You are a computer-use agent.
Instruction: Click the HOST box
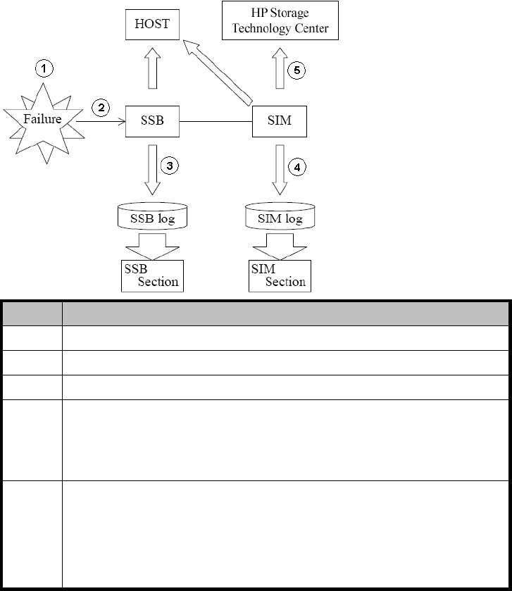pos(152,24)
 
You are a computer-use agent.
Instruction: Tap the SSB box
pos(152,120)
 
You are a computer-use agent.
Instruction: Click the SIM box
pos(280,120)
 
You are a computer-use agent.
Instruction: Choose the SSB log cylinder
pos(152,217)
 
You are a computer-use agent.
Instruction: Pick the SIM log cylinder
pos(280,217)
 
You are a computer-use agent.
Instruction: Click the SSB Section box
pos(151,275)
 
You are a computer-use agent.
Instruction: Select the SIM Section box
pos(280,275)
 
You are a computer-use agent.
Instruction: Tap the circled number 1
pos(44,68)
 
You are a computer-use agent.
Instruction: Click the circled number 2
pos(101,108)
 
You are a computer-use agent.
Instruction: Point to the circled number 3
pos(170,166)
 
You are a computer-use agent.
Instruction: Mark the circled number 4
pos(298,167)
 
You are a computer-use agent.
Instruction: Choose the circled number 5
pos(297,70)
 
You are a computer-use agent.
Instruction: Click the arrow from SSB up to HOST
pos(152,73)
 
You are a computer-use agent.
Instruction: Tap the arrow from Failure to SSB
pos(99,121)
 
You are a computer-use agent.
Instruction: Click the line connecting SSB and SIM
pos(215,121)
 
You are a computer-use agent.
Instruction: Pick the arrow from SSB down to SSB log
pos(152,169)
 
